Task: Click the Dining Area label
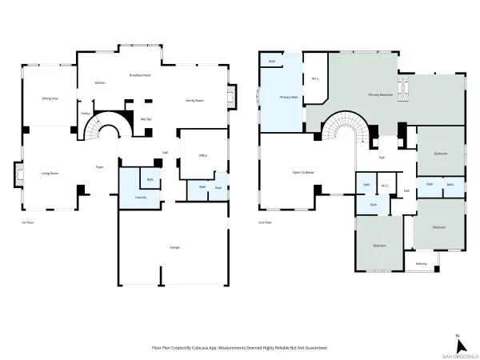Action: (50, 98)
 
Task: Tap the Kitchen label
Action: (101, 82)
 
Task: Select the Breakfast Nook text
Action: (141, 75)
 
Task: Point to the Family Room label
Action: (195, 100)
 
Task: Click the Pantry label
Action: (86, 114)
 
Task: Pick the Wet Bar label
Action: (146, 119)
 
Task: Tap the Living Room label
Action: (50, 172)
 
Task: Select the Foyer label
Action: (100, 167)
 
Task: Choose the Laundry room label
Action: (129, 197)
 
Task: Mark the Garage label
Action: (174, 247)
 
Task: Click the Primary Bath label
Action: (289, 98)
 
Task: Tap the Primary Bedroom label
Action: (380, 94)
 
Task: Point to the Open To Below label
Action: (302, 172)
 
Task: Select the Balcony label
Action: (421, 264)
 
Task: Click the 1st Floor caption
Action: (28, 222)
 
